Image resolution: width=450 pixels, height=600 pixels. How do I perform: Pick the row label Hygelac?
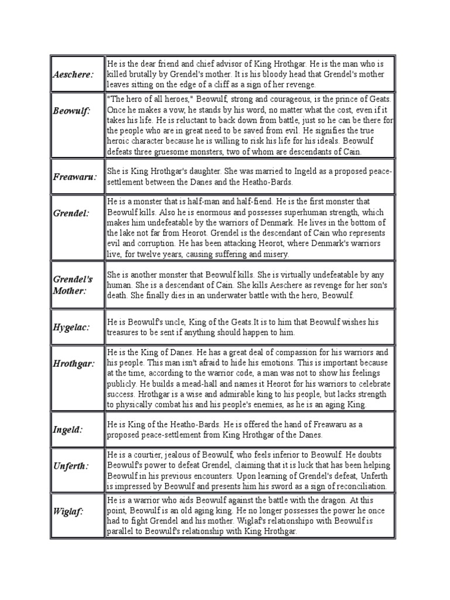click(x=71, y=328)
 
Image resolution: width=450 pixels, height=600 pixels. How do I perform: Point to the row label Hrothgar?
click(x=73, y=364)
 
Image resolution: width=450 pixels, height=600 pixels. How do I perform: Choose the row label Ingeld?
click(x=67, y=429)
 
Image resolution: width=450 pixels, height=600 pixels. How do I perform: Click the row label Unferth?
click(x=71, y=466)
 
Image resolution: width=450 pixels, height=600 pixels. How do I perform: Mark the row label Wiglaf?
click(x=68, y=512)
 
